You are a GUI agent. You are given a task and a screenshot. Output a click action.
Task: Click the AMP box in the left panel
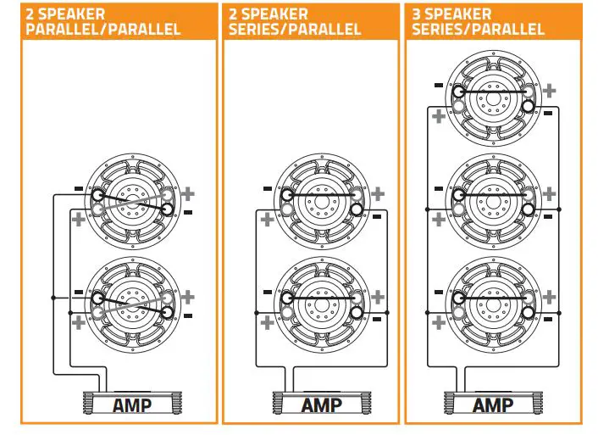(x=131, y=404)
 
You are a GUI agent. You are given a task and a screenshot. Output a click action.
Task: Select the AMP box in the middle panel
(x=321, y=404)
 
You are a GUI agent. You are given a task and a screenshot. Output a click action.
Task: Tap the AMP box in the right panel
(x=492, y=404)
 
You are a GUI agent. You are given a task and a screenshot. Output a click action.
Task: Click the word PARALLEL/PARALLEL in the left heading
(x=104, y=29)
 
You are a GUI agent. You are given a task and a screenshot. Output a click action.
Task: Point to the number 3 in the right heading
(x=418, y=14)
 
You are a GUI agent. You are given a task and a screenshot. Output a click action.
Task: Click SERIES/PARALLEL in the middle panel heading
(x=295, y=29)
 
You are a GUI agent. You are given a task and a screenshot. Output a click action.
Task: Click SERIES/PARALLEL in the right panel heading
(x=479, y=29)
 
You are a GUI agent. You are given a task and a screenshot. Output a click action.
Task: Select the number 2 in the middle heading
(x=233, y=14)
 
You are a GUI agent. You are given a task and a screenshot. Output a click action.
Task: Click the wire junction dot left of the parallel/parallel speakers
(x=53, y=298)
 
